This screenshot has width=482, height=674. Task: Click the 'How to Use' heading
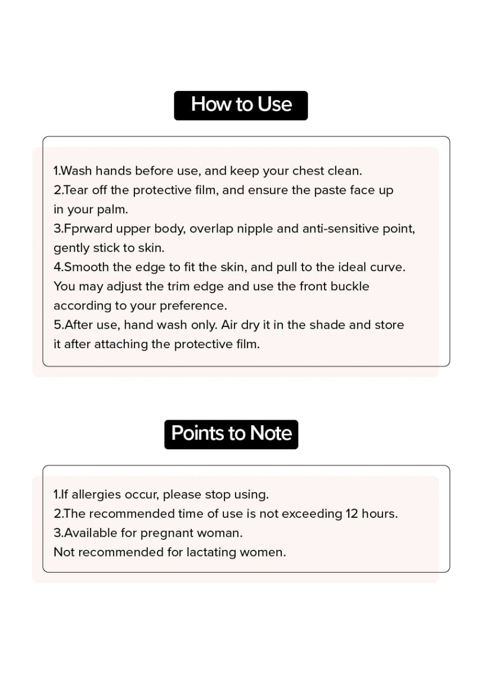coord(241,105)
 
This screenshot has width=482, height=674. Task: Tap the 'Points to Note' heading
coord(231,434)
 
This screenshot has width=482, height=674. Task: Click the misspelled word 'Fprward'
coord(89,229)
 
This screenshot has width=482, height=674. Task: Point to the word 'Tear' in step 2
coord(76,190)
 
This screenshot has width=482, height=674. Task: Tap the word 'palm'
coord(115,210)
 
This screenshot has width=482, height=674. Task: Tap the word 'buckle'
coord(350,286)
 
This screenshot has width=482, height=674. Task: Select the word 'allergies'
coord(96,495)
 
